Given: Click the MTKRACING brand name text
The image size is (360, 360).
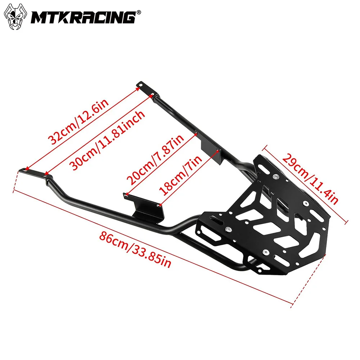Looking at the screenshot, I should (82, 17).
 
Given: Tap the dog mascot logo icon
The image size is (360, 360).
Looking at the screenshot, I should (16, 17).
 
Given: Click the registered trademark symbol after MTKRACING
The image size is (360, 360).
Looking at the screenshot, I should (139, 12).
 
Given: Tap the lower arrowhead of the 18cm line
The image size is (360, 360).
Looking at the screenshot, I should (160, 205).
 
